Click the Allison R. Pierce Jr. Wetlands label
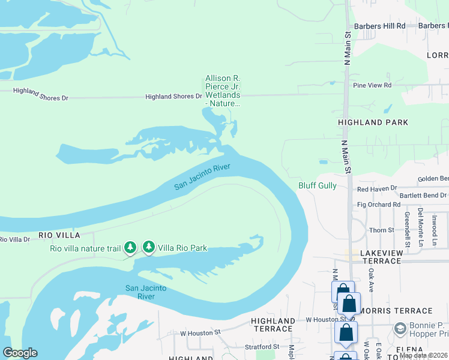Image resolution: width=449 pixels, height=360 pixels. pyautogui.click(x=223, y=91)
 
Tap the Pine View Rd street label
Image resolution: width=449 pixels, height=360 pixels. pyautogui.click(x=372, y=86)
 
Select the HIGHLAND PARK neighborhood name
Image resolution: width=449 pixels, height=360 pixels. pyautogui.click(x=373, y=122)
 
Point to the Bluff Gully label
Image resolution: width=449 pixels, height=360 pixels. pyautogui.click(x=318, y=186)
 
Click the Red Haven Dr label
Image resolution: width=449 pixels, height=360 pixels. pyautogui.click(x=377, y=189)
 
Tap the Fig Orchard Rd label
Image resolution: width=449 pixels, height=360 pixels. pyautogui.click(x=378, y=205)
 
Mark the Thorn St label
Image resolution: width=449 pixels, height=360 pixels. pyautogui.click(x=381, y=230)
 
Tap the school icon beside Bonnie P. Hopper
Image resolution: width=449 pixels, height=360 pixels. pyautogui.click(x=400, y=329)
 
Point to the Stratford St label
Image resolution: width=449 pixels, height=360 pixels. pyautogui.click(x=262, y=347)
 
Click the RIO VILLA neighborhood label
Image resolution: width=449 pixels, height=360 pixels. pyautogui.click(x=59, y=235)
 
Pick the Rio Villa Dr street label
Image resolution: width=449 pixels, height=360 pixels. pyautogui.click(x=14, y=240)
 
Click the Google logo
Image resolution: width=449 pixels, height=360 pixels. pyautogui.click(x=20, y=353)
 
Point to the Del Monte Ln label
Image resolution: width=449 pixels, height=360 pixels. pyautogui.click(x=421, y=221)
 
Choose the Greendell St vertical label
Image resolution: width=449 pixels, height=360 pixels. pyautogui.click(x=407, y=229)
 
